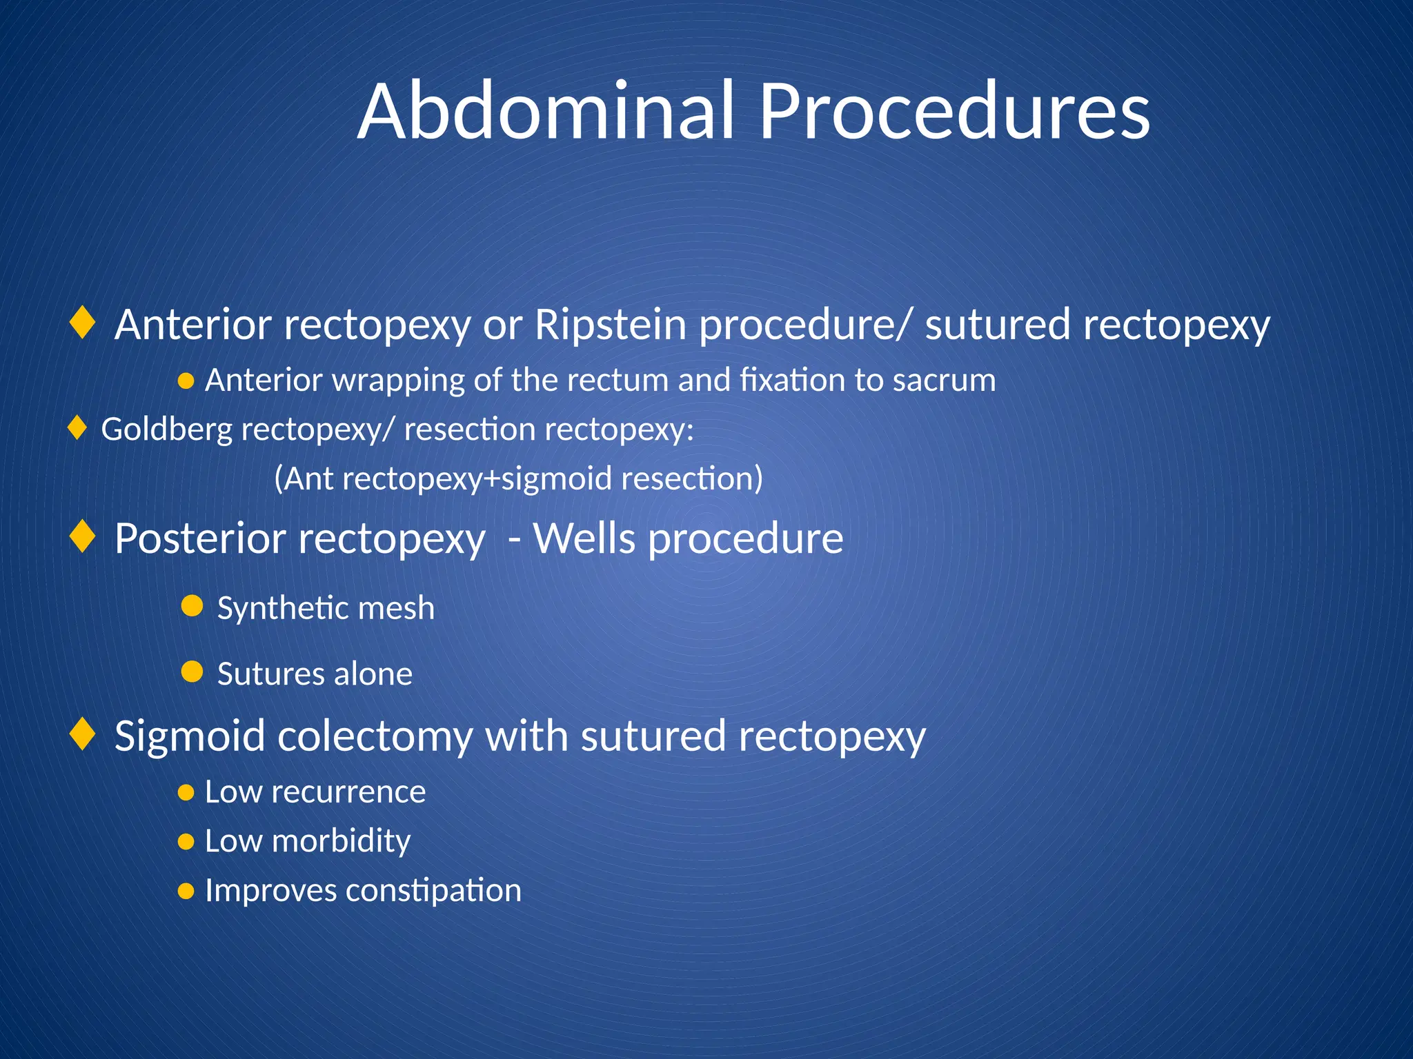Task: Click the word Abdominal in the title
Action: point(546,112)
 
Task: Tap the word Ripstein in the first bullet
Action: point(610,325)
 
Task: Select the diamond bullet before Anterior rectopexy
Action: point(83,323)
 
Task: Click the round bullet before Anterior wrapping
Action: point(186,381)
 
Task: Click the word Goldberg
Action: point(167,430)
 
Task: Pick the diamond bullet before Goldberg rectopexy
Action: point(77,428)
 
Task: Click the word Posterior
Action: point(199,538)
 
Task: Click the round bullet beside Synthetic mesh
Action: point(192,606)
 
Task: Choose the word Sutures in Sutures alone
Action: point(270,674)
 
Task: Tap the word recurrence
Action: point(348,792)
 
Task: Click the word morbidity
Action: point(341,841)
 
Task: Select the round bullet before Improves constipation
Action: point(186,891)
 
